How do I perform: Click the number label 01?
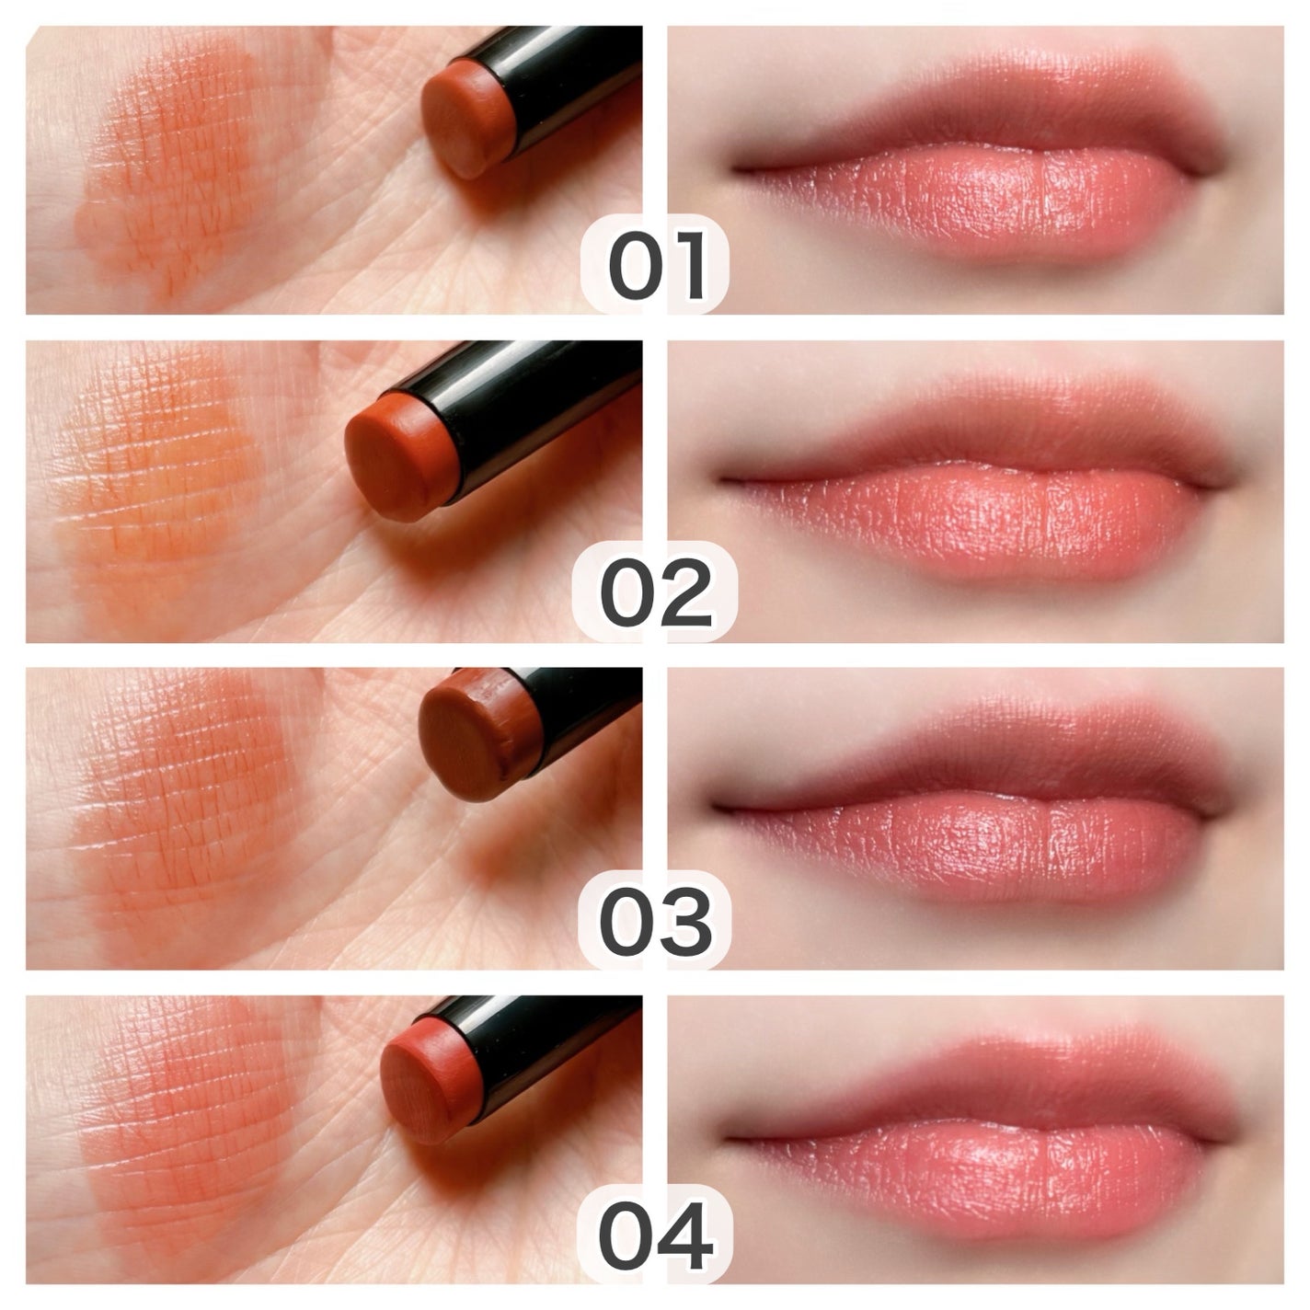(x=657, y=264)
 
